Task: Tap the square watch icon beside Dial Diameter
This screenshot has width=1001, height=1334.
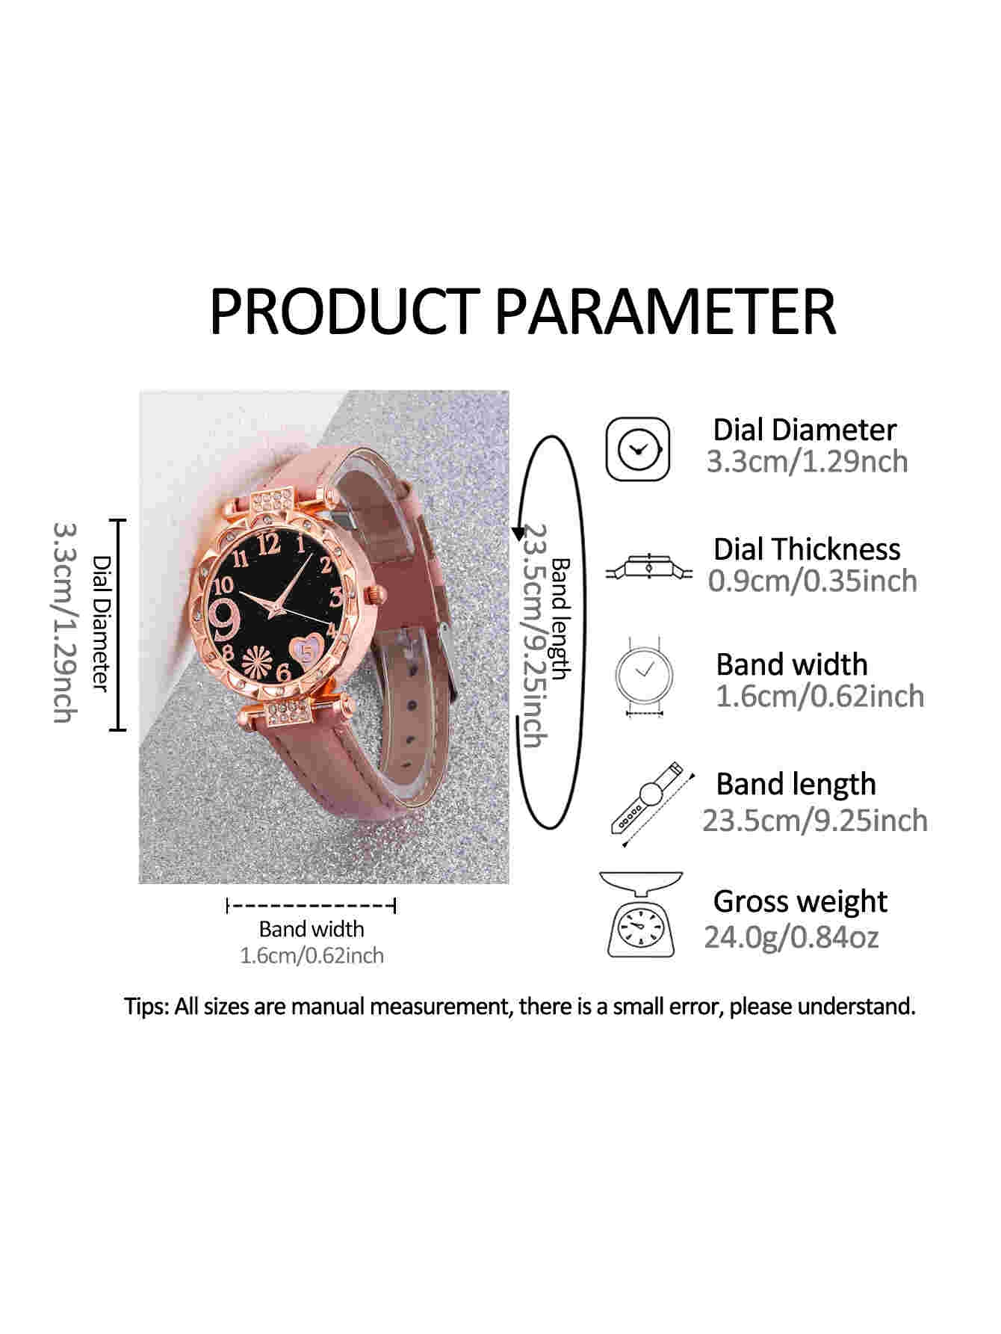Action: click(637, 449)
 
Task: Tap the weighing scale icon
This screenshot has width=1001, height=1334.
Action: click(641, 915)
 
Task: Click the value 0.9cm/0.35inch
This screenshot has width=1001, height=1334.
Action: click(812, 581)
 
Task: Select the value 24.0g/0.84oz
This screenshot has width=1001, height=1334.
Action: click(791, 936)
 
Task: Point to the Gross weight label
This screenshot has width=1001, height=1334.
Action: click(800, 901)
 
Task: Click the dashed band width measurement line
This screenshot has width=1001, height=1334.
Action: click(311, 907)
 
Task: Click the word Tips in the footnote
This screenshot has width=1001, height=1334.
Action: click(148, 1007)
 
